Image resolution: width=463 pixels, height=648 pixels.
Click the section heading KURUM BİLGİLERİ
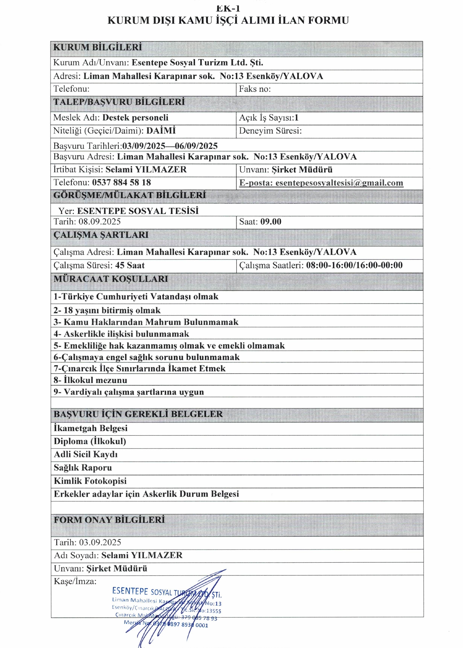97,47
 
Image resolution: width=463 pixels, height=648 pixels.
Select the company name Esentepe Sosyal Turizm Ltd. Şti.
197,63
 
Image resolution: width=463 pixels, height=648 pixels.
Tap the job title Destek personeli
135,118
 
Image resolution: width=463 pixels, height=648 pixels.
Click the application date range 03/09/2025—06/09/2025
170,146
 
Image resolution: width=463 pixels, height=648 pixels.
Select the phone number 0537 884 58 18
121,183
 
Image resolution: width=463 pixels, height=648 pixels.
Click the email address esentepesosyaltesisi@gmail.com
339,183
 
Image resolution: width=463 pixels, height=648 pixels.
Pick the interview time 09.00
271,222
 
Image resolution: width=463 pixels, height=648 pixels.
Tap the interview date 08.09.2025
100,222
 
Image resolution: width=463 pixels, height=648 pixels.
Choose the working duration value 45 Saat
130,266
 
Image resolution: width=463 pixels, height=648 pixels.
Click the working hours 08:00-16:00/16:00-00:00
354,265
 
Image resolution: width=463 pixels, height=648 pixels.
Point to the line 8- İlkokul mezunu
90,380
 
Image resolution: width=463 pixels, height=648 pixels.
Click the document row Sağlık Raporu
83,468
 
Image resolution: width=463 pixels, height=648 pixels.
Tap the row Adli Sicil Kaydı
86,455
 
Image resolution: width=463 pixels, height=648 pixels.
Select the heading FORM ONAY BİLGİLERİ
109,520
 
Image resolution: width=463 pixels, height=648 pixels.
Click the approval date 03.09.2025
100,542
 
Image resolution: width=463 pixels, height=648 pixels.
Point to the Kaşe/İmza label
75,581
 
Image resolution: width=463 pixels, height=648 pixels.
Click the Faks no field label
255,89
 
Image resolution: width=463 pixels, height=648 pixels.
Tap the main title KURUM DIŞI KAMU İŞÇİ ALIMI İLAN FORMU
228,21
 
